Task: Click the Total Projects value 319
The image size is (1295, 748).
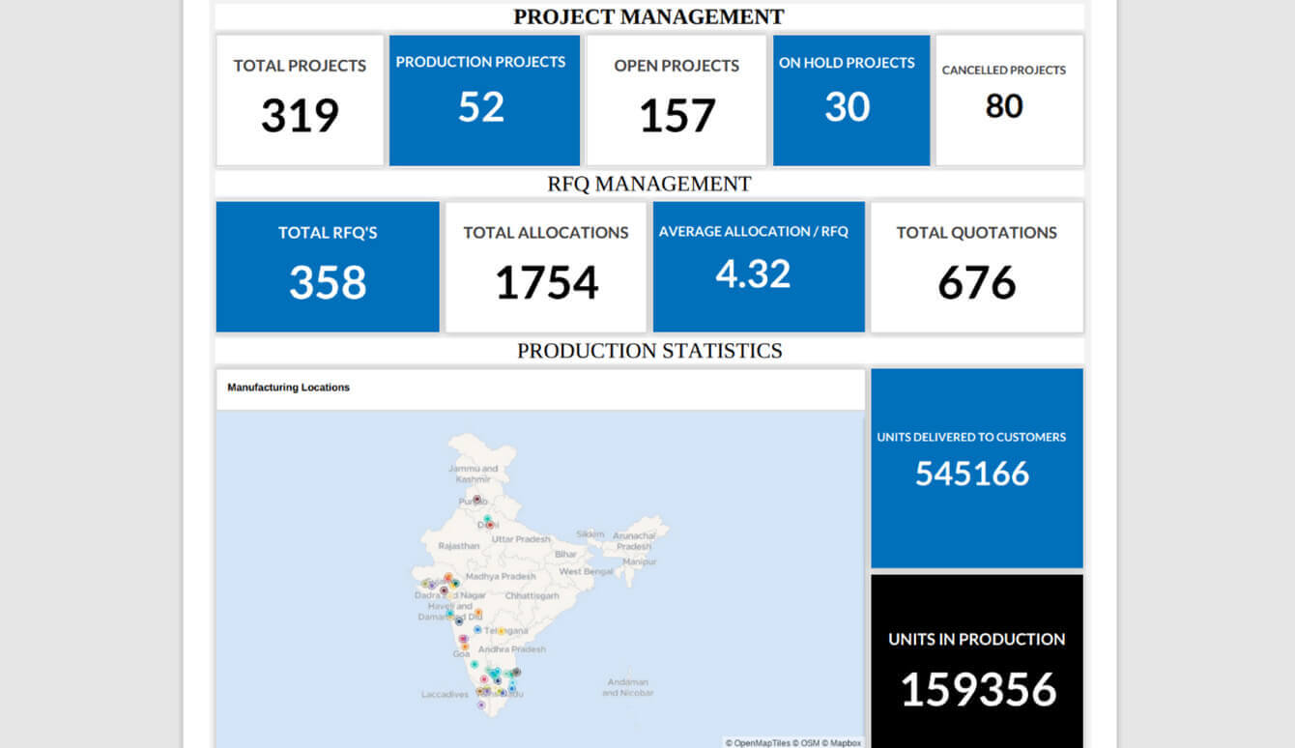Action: point(300,116)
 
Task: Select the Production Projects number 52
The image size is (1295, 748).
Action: point(481,106)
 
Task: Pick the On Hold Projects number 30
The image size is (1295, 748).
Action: point(847,106)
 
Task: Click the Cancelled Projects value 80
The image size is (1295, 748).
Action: point(1004,105)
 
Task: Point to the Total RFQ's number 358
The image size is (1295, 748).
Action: point(328,283)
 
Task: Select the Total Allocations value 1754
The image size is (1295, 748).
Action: point(546,283)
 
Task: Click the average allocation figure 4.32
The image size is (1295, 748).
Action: point(753,273)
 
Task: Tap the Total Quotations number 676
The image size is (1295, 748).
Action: point(976,283)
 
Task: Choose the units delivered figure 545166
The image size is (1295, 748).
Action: point(972,474)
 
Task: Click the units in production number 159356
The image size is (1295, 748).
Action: point(978,690)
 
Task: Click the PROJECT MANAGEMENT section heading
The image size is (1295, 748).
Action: point(648,16)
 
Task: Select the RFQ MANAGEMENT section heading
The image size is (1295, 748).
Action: point(648,184)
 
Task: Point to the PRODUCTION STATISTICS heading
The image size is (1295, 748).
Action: point(648,351)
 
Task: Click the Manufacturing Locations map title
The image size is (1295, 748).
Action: point(288,388)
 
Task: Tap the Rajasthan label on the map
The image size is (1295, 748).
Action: point(458,546)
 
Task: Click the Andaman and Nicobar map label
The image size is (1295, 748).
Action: point(627,687)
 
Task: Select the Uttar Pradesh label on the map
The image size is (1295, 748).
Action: point(521,539)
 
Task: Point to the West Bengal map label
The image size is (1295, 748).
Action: point(586,572)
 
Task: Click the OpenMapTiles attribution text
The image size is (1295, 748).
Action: point(759,743)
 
